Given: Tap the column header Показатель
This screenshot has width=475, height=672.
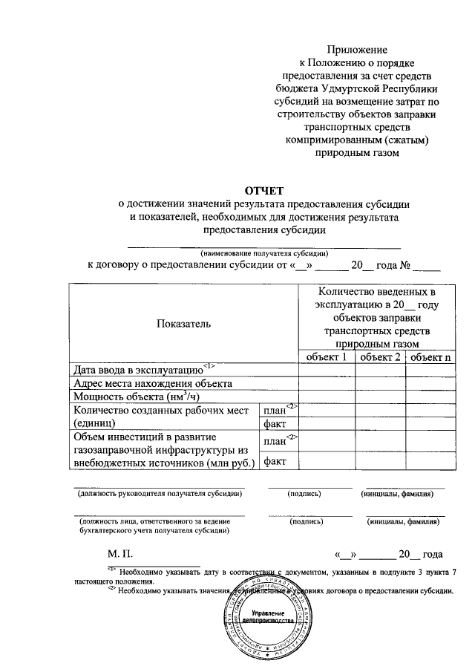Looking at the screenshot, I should pos(184,323).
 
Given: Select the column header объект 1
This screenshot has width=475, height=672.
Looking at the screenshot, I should pos(327,357).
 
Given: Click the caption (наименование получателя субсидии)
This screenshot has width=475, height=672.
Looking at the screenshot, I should pos(264,252).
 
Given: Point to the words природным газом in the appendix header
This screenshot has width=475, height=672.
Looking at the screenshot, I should pos(358,153).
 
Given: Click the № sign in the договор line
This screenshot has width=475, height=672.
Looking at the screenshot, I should pos(405,265).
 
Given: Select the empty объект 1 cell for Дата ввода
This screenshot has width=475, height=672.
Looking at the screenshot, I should pos(327,370).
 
